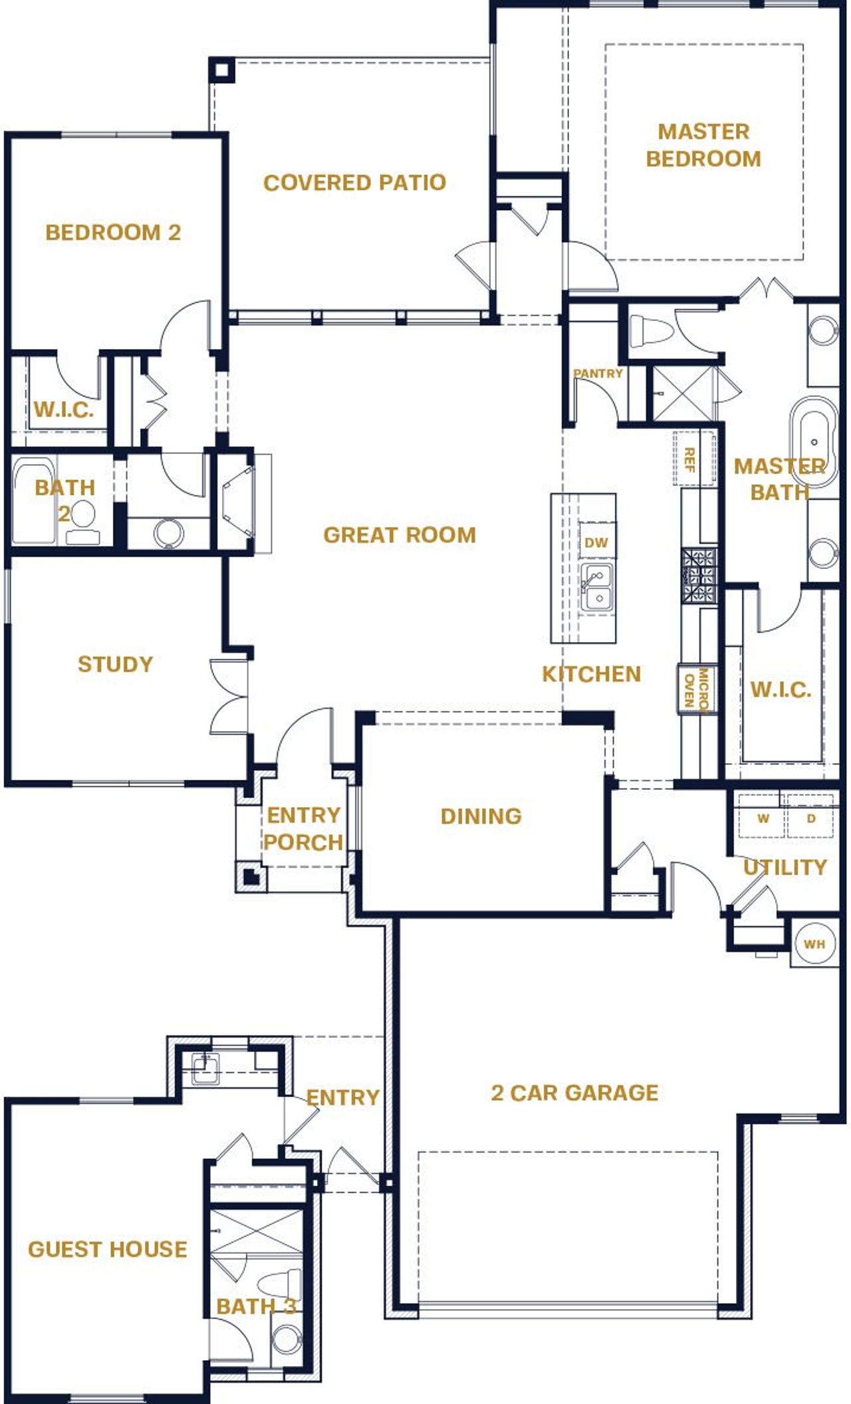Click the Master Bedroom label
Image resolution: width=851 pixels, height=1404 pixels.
click(703, 145)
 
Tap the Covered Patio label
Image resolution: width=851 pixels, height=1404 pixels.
click(354, 182)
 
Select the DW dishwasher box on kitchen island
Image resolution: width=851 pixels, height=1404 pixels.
click(596, 542)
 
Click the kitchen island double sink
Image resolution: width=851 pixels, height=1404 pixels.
click(596, 587)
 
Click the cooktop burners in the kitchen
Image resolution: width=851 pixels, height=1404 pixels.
click(699, 575)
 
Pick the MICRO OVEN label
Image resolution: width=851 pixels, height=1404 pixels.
click(697, 689)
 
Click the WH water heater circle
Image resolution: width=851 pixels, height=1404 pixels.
click(814, 943)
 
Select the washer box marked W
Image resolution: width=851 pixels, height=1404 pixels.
click(762, 818)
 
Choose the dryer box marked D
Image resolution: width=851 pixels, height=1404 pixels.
click(810, 818)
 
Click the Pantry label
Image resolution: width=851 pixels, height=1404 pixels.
click(598, 374)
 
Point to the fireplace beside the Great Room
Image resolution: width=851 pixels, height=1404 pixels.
click(238, 502)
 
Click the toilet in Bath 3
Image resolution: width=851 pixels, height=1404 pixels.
click(280, 1285)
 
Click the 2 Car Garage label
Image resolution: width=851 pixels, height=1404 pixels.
click(574, 1092)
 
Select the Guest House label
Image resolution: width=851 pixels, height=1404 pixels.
click(108, 1248)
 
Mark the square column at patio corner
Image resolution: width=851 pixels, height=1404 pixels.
click(222, 70)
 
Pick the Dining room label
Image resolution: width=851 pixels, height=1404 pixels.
click(481, 816)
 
